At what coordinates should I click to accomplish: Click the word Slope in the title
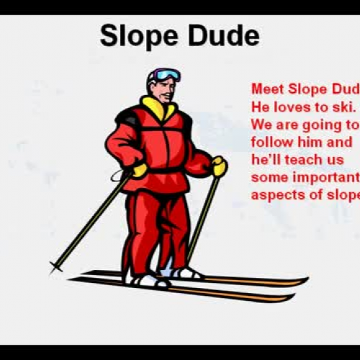pos(136,35)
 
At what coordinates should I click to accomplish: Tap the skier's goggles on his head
pos(166,75)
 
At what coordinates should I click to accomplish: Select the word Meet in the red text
pos(266,89)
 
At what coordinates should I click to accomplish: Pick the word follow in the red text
pos(271,142)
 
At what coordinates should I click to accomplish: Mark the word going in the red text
pos(315,125)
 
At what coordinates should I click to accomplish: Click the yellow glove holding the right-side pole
pos(218,166)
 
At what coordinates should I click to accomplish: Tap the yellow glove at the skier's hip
pos(139,170)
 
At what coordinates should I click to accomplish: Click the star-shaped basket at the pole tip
pos(55,266)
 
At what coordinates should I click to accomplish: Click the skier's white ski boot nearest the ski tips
pos(186,273)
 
